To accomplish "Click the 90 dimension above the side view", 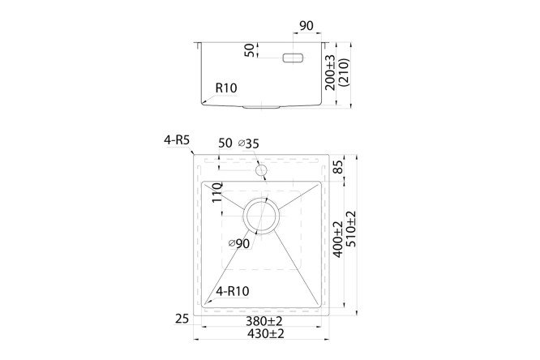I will [307, 26].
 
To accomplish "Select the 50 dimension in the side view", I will [250, 50].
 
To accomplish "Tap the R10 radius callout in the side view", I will [226, 88].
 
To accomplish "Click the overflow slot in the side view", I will [291, 58].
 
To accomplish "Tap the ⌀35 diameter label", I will [250, 144].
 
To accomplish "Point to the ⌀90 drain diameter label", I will [238, 244].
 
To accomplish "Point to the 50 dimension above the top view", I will [225, 144].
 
